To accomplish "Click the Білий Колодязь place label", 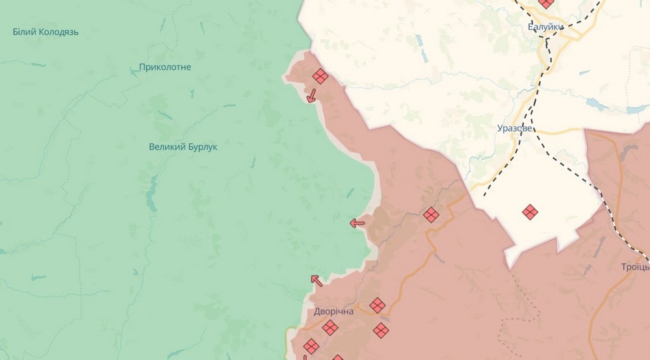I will (45, 32).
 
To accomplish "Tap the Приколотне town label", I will (165, 67).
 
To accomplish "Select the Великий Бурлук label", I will (183, 147).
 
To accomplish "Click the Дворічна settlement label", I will (333, 312).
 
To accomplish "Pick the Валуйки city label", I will (545, 27).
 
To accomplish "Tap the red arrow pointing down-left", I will (311, 96).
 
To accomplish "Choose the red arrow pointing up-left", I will (317, 280).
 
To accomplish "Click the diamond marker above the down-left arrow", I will (320, 77).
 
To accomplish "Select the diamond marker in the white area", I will (530, 212).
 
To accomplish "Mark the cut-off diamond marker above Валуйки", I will (547, 3).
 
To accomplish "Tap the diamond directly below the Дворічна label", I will (330, 327).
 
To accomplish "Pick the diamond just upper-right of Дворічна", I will (378, 305).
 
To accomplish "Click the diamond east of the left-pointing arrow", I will (431, 214).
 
